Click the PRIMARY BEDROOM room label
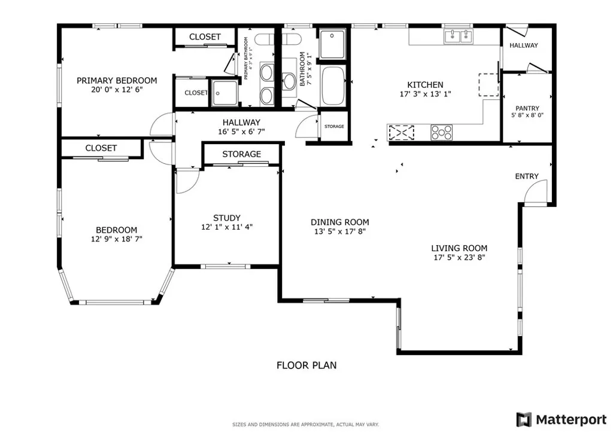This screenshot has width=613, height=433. tap(117, 81)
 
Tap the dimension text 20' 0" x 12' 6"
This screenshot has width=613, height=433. tap(117, 90)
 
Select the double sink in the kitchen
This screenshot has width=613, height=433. tap(459, 37)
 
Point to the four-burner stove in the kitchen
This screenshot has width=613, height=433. tap(442, 133)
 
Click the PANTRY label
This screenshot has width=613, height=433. tap(527, 108)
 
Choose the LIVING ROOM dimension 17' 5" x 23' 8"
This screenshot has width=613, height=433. tap(459, 258)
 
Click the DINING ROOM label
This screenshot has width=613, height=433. tap(340, 222)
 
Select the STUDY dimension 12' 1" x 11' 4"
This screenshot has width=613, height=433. tap(227, 227)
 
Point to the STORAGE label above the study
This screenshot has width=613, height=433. tap(242, 154)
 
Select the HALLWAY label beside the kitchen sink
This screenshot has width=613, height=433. tap(524, 45)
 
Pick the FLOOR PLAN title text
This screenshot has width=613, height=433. tap(306, 365)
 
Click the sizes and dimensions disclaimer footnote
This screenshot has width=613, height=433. tap(306, 425)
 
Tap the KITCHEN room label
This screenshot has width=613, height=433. tap(425, 85)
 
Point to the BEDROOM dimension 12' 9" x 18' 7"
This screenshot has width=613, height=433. tap(117, 239)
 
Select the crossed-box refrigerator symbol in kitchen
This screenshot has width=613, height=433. tap(401, 132)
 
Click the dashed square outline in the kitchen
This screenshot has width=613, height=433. tap(488, 85)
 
